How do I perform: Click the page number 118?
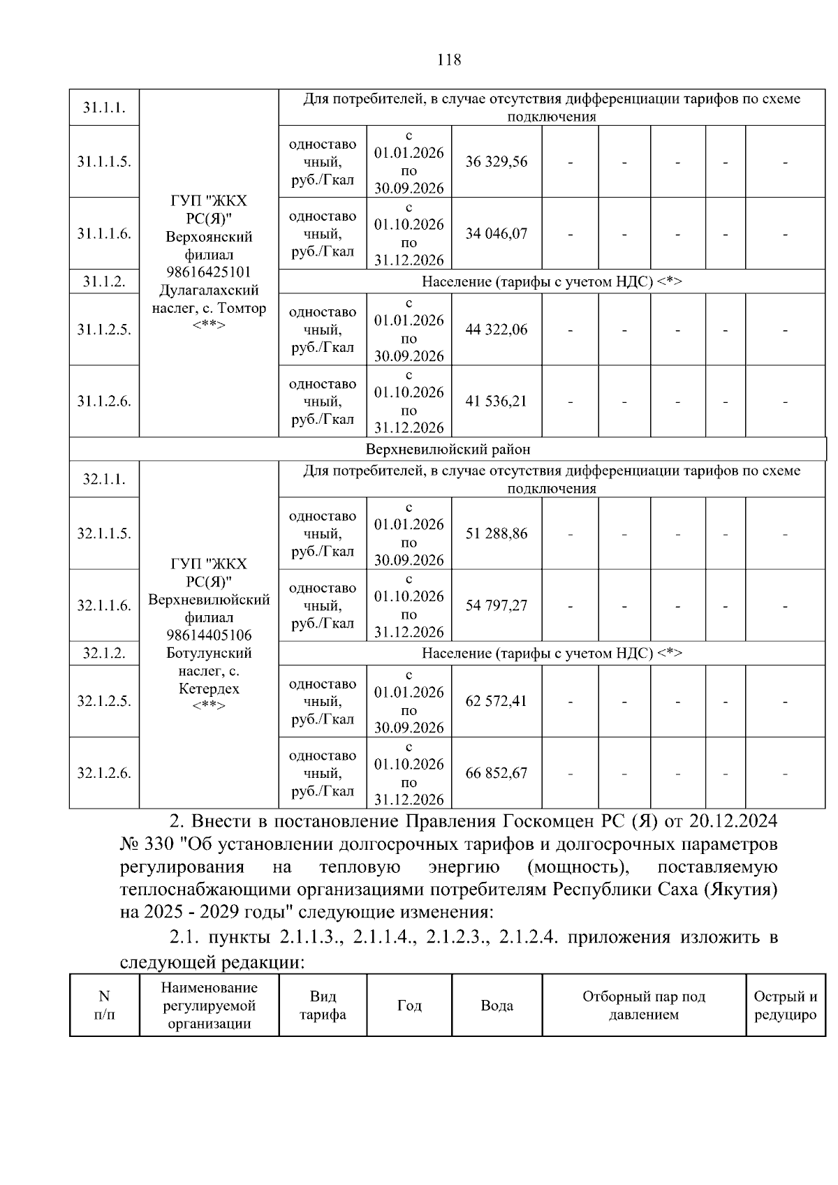pyautogui.click(x=448, y=60)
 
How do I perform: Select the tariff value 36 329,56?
pyautogui.click(x=497, y=162)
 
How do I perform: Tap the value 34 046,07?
pyautogui.click(x=497, y=234)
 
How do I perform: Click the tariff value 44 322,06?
pyautogui.click(x=497, y=330)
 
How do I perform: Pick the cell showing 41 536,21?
pyautogui.click(x=497, y=402)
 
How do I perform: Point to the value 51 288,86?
pyautogui.click(x=497, y=534)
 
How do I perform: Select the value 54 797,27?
pyautogui.click(x=497, y=606)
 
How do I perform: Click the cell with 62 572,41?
pyautogui.click(x=497, y=701)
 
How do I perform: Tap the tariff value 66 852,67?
pyautogui.click(x=497, y=774)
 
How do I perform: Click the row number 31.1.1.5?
pyautogui.click(x=104, y=162)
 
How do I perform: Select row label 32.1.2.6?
pyautogui.click(x=104, y=774)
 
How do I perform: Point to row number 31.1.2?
pyautogui.click(x=104, y=282)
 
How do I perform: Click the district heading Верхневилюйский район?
pyautogui.click(x=448, y=450)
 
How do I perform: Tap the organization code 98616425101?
pyautogui.click(x=209, y=272)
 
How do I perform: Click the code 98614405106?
pyautogui.click(x=209, y=635)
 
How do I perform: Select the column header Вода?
pyautogui.click(x=497, y=1006)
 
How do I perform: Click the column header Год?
pyautogui.click(x=409, y=1006)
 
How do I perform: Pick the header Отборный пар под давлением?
pyautogui.click(x=643, y=1006)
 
